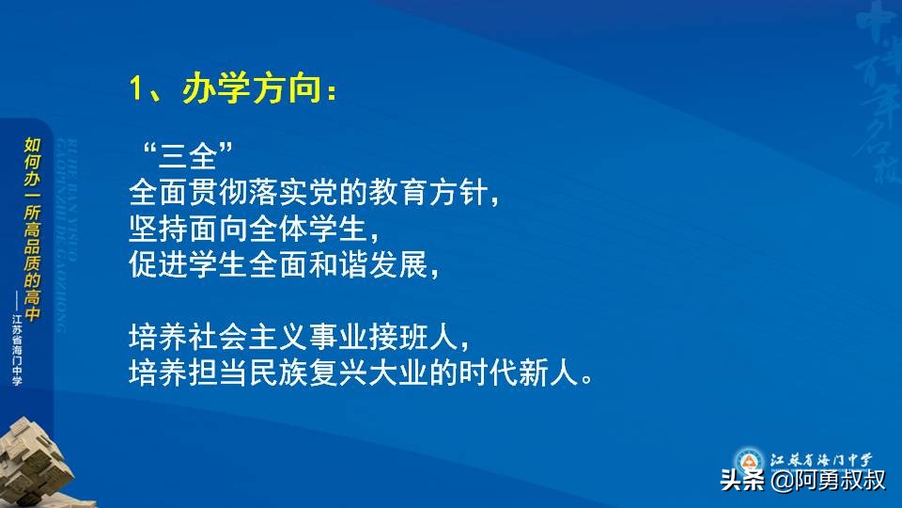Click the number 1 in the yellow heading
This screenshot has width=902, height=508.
point(136,91)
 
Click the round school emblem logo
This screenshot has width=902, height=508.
point(748,460)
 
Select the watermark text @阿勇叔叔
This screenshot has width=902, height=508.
point(828,481)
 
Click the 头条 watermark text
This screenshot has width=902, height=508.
point(741,482)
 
